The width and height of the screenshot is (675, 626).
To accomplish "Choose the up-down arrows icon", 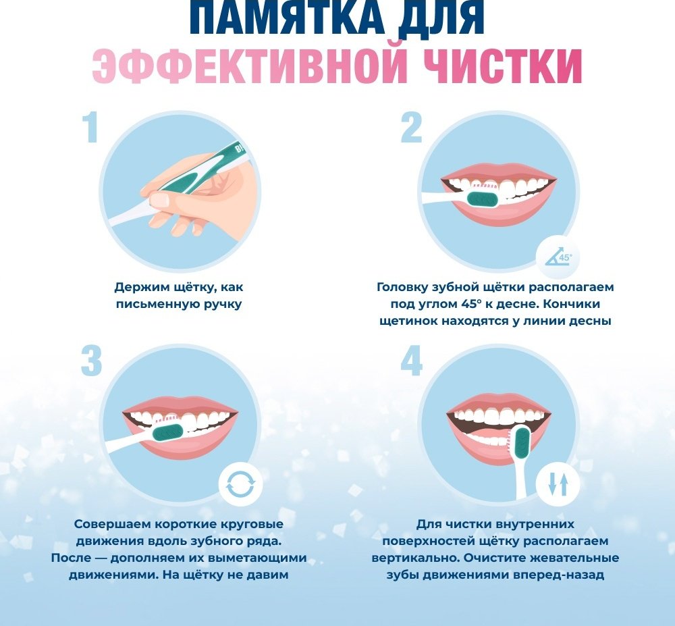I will click(x=558, y=485).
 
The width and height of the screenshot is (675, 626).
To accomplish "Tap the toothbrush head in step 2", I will click(x=483, y=198).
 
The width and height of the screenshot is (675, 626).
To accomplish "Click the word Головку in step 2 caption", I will click(x=402, y=287).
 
